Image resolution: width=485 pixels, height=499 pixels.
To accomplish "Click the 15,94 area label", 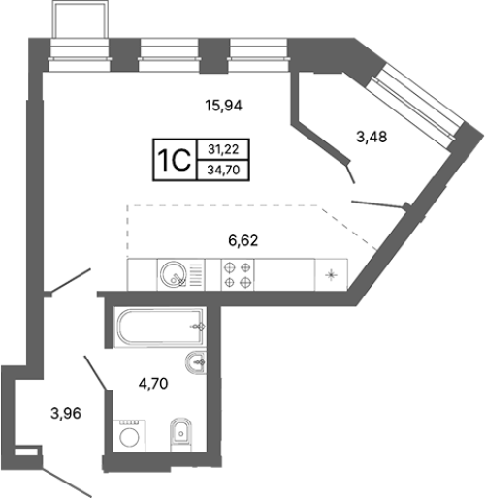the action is [223, 106].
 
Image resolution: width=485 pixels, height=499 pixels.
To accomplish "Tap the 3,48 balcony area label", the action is [372, 137].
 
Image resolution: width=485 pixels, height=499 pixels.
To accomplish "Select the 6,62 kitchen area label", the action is [243, 240].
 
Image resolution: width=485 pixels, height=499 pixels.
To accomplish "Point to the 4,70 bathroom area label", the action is [153, 384].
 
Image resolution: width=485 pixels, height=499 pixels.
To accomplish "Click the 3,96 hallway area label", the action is [66, 413].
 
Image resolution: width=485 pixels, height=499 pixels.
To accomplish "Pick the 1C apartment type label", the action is [175, 160].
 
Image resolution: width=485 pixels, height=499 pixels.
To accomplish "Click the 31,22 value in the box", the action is [223, 149].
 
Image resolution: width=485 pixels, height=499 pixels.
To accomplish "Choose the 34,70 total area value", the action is [223, 170].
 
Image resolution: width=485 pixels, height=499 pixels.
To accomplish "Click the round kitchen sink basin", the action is [174, 273].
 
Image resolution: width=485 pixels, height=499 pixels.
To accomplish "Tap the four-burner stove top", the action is [238, 274].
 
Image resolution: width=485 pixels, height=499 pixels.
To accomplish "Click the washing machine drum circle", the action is [129, 437].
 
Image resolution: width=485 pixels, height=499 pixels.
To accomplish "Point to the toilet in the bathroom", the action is [180, 435].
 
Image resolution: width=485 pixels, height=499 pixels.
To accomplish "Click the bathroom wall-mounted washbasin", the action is [196, 362].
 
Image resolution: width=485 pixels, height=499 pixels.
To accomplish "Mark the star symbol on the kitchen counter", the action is [331, 275].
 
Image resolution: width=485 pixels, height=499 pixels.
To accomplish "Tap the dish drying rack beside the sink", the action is [196, 274].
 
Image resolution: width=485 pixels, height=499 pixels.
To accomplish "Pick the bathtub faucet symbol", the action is [199, 327].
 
